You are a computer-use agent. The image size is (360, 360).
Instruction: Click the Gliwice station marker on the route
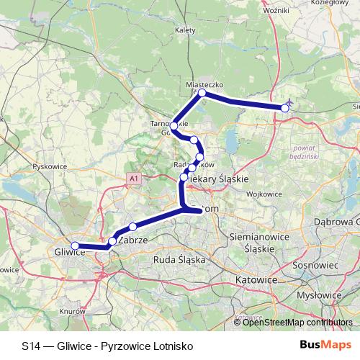(75, 246)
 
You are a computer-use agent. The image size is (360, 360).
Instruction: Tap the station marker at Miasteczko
(203, 94)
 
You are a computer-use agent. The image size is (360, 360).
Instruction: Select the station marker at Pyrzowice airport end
(285, 108)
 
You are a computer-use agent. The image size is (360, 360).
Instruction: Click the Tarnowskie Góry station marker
(174, 127)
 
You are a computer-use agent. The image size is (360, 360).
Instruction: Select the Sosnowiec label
(315, 265)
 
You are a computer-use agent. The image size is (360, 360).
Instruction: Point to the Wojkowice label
(265, 194)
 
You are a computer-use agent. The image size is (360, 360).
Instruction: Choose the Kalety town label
(185, 31)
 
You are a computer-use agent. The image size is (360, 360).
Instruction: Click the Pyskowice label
(49, 166)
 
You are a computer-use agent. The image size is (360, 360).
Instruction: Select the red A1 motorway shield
(133, 176)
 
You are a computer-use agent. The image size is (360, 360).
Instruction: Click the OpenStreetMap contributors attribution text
(297, 323)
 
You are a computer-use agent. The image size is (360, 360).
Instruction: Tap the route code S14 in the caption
(32, 346)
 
